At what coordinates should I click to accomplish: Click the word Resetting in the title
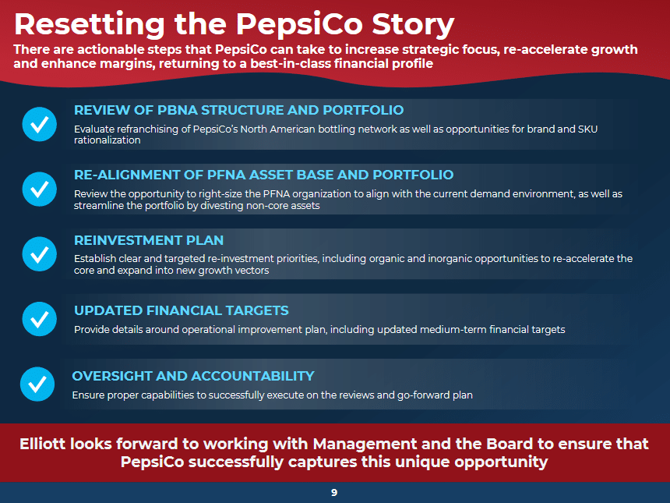[x=90, y=24]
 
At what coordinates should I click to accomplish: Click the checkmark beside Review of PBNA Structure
[x=39, y=124]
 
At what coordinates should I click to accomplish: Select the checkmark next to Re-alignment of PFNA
[x=39, y=189]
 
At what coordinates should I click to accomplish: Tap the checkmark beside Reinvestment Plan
[x=39, y=254]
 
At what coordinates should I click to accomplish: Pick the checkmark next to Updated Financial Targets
[x=39, y=319]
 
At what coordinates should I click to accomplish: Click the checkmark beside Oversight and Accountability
[x=37, y=384]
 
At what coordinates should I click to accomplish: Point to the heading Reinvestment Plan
[x=149, y=240]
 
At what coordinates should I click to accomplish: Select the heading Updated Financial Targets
[x=182, y=310]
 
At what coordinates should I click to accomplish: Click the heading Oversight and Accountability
[x=193, y=376]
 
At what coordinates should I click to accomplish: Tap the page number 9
[x=334, y=493]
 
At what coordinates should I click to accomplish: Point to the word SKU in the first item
[x=587, y=129]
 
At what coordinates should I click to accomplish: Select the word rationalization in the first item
[x=108, y=140]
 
